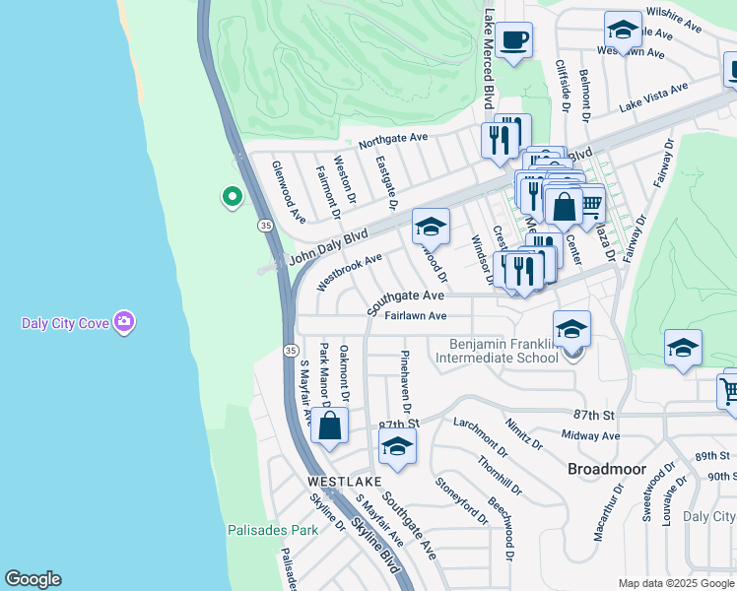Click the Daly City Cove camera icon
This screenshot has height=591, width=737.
click(x=124, y=322)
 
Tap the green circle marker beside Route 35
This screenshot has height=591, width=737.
click(x=232, y=198)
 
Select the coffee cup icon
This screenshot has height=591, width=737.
click(x=513, y=41)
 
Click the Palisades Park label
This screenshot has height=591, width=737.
click(x=273, y=530)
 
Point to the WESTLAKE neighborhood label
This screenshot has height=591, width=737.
click(x=343, y=482)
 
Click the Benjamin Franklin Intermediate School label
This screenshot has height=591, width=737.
click(x=503, y=351)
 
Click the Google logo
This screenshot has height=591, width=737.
click(x=33, y=579)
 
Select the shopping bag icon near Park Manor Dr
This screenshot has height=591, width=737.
click(x=329, y=427)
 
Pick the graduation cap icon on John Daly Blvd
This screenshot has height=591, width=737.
click(x=431, y=228)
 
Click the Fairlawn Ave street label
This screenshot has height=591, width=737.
click(x=415, y=316)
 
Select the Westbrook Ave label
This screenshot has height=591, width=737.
click(x=350, y=273)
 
